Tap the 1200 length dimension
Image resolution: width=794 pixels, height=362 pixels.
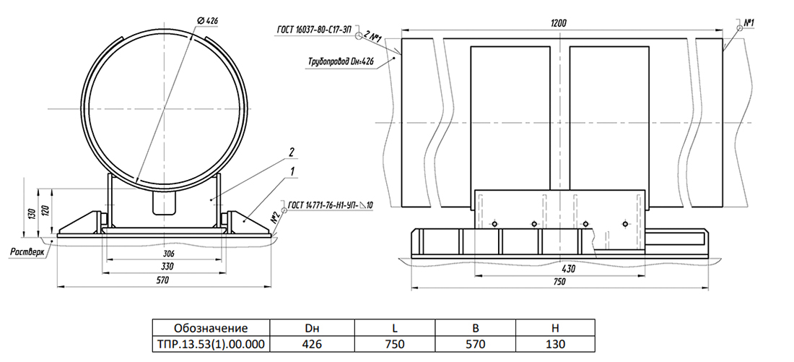559,23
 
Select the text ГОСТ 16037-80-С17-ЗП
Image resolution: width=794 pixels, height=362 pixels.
314,30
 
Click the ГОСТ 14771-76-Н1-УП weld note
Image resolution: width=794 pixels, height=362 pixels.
330,205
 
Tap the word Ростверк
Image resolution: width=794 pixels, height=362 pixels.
27,251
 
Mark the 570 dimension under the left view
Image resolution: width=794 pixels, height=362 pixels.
162,280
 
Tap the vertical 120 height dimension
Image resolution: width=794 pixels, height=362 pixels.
45,210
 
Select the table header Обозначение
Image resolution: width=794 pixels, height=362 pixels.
211,327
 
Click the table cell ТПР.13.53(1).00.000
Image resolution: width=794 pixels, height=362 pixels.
211,344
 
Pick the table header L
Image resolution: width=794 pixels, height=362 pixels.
394,327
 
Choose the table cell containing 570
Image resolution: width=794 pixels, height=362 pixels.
475,344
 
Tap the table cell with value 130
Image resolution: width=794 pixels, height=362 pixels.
556,344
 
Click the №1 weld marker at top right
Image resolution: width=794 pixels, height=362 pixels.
749,23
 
